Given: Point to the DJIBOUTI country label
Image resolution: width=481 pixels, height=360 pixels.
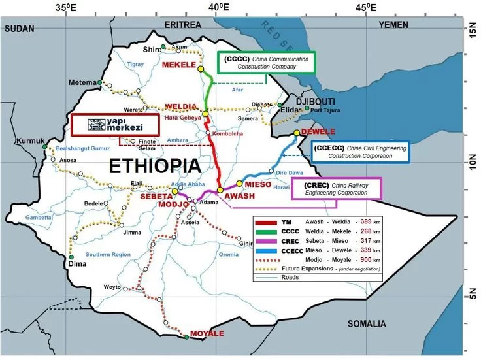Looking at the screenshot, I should [316, 102].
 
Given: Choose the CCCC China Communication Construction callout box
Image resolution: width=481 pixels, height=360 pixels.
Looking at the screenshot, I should [267, 63].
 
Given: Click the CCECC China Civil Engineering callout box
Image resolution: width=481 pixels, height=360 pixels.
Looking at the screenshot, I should [360, 153].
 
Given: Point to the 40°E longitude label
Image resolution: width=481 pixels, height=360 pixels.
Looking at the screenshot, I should [218, 8].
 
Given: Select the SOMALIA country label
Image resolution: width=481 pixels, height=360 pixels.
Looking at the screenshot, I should [366, 323].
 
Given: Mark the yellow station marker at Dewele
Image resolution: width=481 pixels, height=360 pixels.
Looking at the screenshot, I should [296, 133].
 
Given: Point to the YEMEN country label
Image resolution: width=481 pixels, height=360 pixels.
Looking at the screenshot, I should [392, 25].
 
